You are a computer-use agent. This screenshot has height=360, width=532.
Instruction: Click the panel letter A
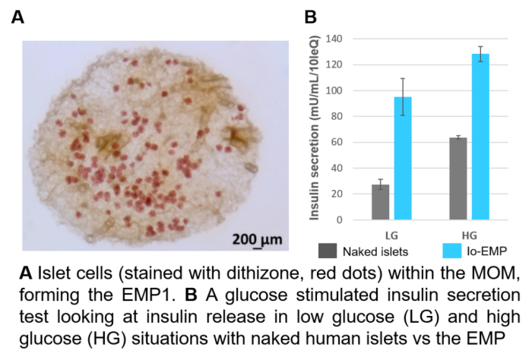(x=17, y=17)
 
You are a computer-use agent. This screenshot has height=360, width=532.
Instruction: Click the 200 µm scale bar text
(x=256, y=240)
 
